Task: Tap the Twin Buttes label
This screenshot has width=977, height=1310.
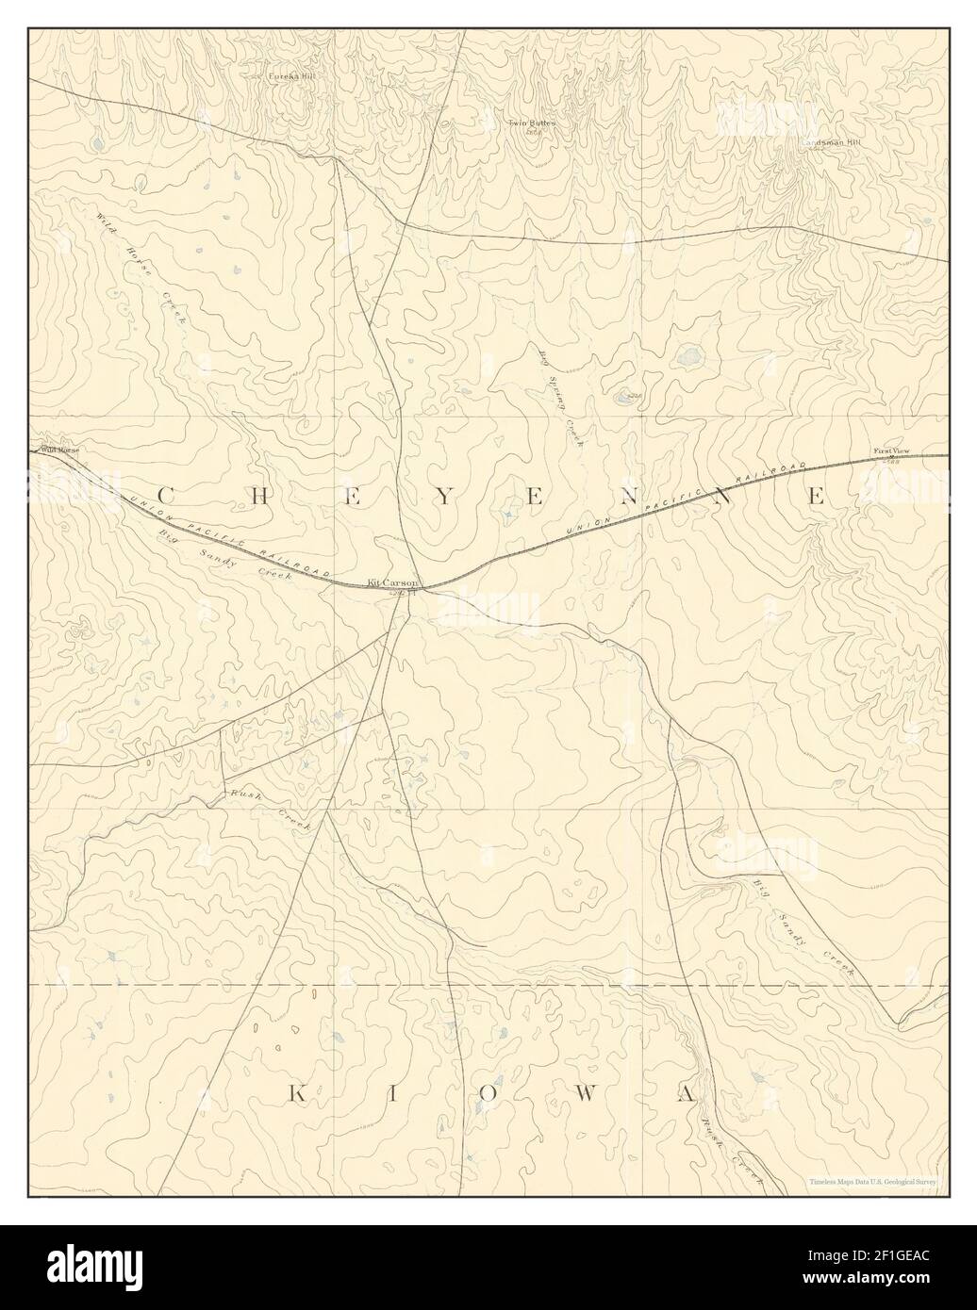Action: [533, 123]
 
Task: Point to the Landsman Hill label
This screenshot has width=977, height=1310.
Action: [832, 142]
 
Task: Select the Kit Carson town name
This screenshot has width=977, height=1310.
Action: [392, 583]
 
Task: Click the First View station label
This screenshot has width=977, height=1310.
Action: [888, 452]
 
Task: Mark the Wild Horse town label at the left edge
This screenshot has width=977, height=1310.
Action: [58, 450]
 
